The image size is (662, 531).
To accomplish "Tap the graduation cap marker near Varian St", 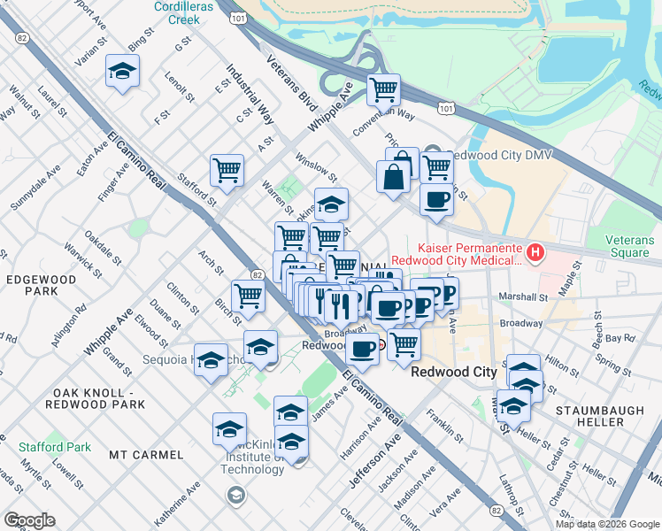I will click(123, 72).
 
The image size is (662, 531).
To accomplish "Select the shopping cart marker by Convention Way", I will click(383, 88).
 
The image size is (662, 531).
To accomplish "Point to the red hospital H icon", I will click(535, 254).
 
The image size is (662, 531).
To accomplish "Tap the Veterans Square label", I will click(630, 246).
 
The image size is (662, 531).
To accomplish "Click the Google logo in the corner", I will click(29, 520).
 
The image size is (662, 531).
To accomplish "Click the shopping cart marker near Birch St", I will click(249, 296).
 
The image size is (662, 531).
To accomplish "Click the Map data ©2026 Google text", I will click(606, 524).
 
